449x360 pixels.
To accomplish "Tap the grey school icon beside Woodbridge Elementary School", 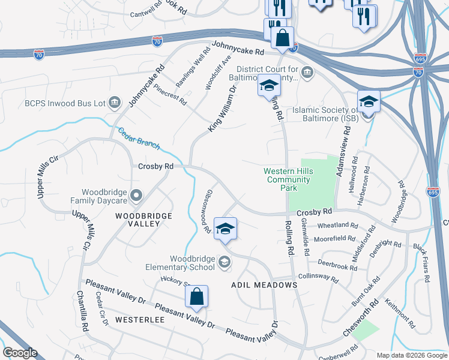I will pos(224,260).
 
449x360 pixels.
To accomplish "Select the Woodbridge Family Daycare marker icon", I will pos(137,194).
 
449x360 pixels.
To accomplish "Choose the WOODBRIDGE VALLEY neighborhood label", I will pos(143,220).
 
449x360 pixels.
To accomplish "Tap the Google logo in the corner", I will pos(20,353).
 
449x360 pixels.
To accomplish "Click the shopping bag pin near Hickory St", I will pos(196,296).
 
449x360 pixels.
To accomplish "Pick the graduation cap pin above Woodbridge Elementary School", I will pos(226,229).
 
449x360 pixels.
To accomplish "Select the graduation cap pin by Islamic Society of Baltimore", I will pos(369,101).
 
